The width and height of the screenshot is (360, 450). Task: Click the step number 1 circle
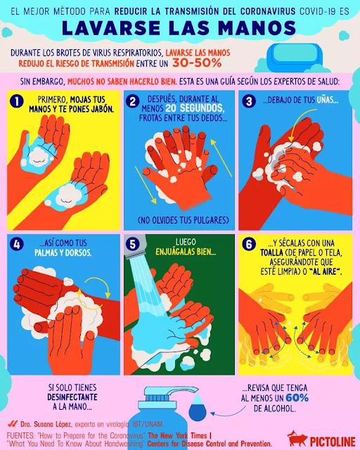point(17,101)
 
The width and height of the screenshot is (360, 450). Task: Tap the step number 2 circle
point(133,101)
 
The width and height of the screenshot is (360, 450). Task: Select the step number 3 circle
point(249,101)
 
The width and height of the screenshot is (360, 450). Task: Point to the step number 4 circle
point(17,244)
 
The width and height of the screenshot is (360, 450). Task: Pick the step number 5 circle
point(133,244)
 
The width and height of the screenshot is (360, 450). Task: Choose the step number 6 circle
point(249,244)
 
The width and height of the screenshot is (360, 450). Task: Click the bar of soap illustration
point(295,55)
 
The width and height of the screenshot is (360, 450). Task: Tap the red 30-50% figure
point(197,63)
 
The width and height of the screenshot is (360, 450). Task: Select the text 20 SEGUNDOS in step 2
point(194,108)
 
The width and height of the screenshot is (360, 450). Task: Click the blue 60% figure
point(297,398)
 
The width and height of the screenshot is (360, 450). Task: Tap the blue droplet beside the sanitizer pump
point(197,408)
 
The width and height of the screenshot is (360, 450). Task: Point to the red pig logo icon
point(297,439)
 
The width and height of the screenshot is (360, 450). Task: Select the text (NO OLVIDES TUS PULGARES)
point(183,220)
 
